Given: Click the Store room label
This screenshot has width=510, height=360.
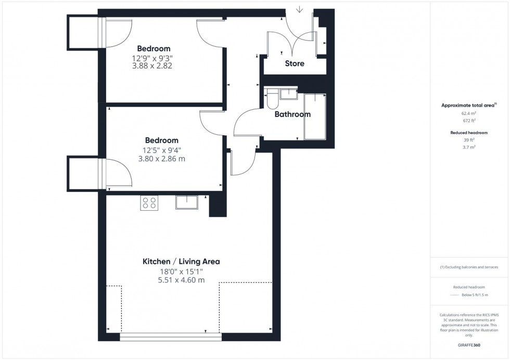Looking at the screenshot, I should click(x=295, y=63).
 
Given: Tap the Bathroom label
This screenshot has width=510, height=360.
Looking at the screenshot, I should click(x=292, y=114).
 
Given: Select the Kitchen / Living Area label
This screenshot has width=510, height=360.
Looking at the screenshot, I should click(x=181, y=262).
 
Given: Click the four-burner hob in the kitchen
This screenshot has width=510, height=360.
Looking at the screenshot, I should click(x=149, y=203).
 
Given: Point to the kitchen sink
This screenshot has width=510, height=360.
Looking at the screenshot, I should click(x=186, y=202).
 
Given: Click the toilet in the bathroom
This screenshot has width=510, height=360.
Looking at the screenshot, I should click(x=271, y=99).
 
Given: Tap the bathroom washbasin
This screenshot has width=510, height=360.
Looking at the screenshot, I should click(x=287, y=94).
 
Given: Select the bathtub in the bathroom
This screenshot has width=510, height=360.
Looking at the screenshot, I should click(x=314, y=117).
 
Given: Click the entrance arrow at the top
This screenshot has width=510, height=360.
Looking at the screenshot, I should click(x=300, y=9).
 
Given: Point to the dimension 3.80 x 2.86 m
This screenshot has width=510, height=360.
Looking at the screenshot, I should click(x=161, y=159).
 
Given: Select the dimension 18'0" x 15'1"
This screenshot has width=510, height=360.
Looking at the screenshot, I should click(x=181, y=271).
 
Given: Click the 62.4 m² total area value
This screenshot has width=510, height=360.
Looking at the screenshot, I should click(x=469, y=113).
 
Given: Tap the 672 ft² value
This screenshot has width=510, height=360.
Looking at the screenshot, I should click(x=469, y=121).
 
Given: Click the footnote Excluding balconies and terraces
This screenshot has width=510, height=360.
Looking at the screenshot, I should click(x=469, y=267).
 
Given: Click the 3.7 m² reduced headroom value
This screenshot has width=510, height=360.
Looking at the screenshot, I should click(x=469, y=147).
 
